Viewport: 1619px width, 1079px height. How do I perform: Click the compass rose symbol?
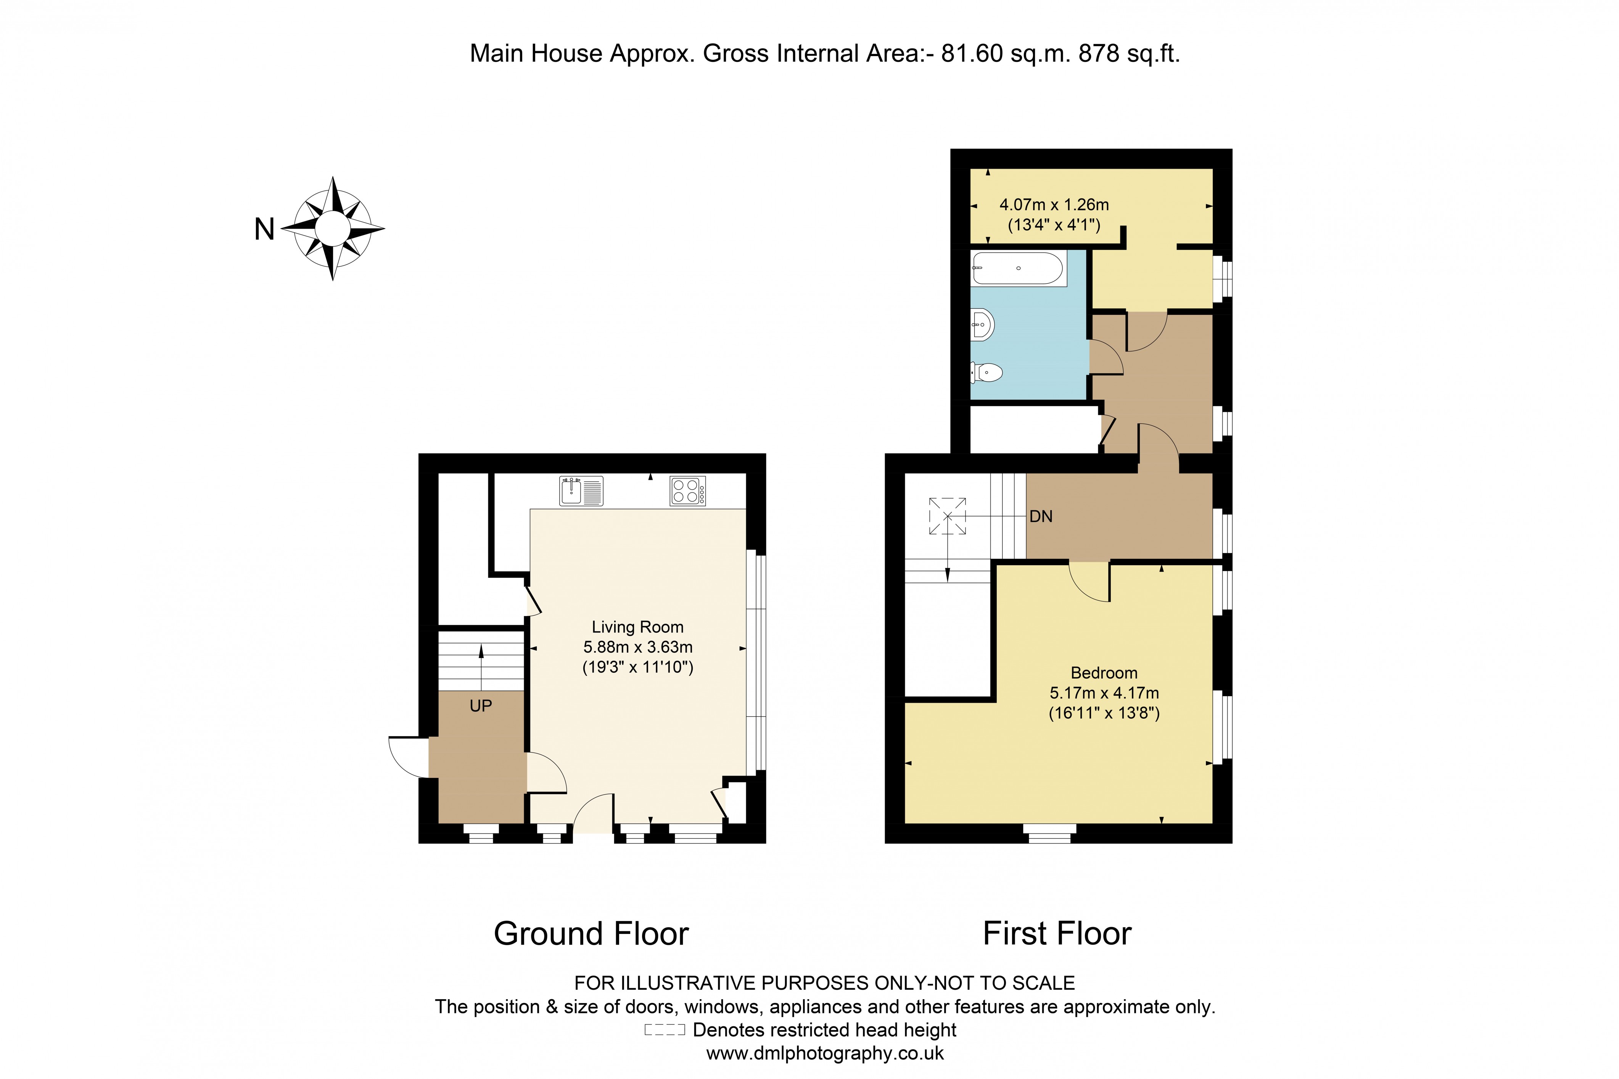[333, 229]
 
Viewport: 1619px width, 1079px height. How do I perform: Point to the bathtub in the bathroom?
[1018, 268]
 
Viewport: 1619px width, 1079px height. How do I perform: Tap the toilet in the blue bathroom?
[986, 373]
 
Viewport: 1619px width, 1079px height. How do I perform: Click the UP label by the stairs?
[481, 706]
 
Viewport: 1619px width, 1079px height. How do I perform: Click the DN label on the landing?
[1041, 517]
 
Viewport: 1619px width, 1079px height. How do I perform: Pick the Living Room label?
[637, 627]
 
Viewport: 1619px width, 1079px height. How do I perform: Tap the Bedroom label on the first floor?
[1104, 673]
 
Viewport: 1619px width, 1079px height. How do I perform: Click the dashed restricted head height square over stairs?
[947, 516]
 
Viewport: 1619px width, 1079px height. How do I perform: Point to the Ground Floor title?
[591, 934]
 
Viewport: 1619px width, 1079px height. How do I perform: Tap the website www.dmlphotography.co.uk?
[825, 1053]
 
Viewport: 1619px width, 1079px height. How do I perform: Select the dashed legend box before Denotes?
[665, 1030]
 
